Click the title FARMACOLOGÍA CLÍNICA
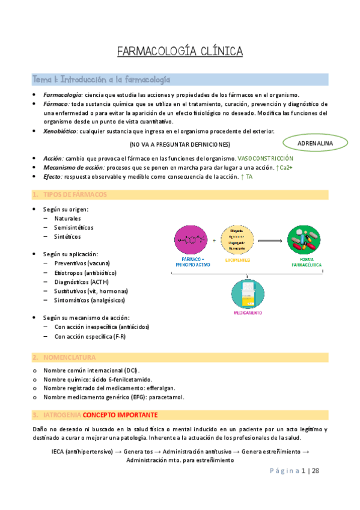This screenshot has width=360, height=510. pos(180,51)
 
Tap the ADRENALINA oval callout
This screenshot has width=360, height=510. pos(315,143)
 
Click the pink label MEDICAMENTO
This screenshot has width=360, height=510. pos(248,314)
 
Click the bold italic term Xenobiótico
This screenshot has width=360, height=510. pos(59,131)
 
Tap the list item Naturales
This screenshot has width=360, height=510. pos(67,218)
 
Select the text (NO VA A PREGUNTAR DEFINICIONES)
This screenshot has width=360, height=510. pos(180,145)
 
